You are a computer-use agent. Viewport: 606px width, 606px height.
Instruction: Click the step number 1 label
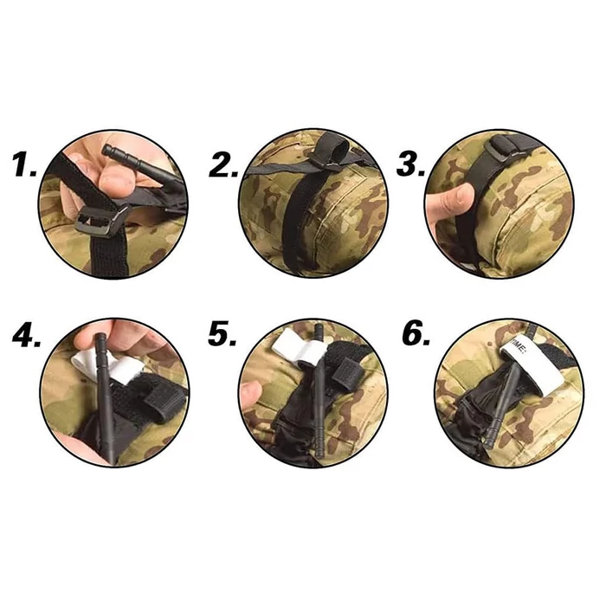pyautogui.click(x=25, y=165)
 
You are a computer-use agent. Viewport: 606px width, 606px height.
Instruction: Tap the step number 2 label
pyautogui.click(x=222, y=165)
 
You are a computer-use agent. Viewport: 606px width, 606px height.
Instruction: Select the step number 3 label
pyautogui.click(x=411, y=165)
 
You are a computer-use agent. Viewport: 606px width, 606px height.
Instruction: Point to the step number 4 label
pyautogui.click(x=26, y=333)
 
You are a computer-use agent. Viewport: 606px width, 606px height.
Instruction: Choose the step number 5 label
pyautogui.click(x=222, y=333)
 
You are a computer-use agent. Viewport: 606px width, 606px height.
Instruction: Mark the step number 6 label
pyautogui.click(x=416, y=333)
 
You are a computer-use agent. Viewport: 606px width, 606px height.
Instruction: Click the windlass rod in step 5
pyautogui.click(x=319, y=390)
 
